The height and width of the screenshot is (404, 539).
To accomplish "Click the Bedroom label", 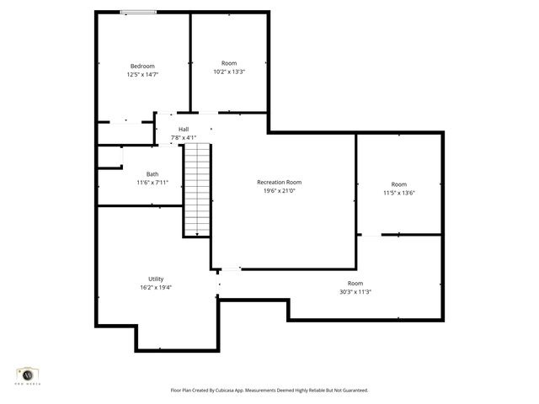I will (x=142, y=66).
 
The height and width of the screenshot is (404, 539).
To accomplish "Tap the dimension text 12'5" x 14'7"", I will (x=142, y=75).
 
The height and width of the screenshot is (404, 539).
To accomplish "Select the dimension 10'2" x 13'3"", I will (x=229, y=72).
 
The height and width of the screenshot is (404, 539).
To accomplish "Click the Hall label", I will (x=184, y=129).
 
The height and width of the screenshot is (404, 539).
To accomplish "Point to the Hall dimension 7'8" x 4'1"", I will (x=184, y=137).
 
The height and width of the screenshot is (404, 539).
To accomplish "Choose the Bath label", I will (x=152, y=174).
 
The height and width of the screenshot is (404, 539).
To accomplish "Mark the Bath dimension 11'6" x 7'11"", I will (x=152, y=183).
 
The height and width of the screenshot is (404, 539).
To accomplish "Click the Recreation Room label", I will (x=280, y=182).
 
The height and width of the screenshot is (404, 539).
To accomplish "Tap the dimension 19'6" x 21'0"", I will (x=280, y=190).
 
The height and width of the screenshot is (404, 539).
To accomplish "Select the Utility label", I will (x=156, y=279).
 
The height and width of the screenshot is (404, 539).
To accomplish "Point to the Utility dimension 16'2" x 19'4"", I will (x=156, y=287).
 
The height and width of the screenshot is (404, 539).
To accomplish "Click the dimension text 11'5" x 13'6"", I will (x=398, y=193).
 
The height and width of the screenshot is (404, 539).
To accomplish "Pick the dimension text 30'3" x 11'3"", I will (x=355, y=292).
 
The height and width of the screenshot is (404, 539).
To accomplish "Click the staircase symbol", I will (x=196, y=189).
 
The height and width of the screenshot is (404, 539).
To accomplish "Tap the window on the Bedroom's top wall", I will (x=137, y=12).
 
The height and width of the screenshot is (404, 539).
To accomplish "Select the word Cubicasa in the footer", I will (x=238, y=391).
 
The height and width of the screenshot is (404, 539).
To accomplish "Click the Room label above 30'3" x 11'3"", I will (x=355, y=284).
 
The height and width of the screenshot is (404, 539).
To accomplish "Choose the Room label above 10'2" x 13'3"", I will (x=229, y=63).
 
